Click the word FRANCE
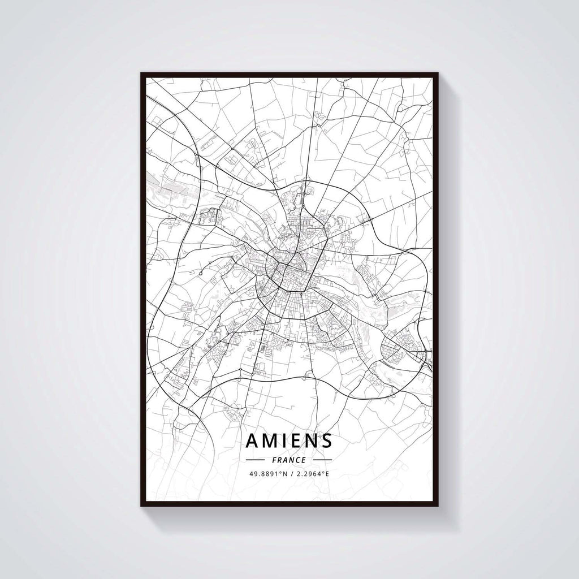pyautogui.click(x=289, y=460)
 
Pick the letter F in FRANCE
pyautogui.click(x=274, y=460)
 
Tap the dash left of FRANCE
pyautogui.click(x=256, y=460)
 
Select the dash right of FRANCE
pyautogui.click(x=323, y=460)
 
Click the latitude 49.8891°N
pyautogui.click(x=269, y=474)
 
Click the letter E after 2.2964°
pyautogui.click(x=327, y=474)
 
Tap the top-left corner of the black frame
pyautogui.click(x=141, y=74)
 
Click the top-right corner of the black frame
pyautogui.click(x=438, y=74)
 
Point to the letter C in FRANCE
pyautogui.click(x=297, y=460)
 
